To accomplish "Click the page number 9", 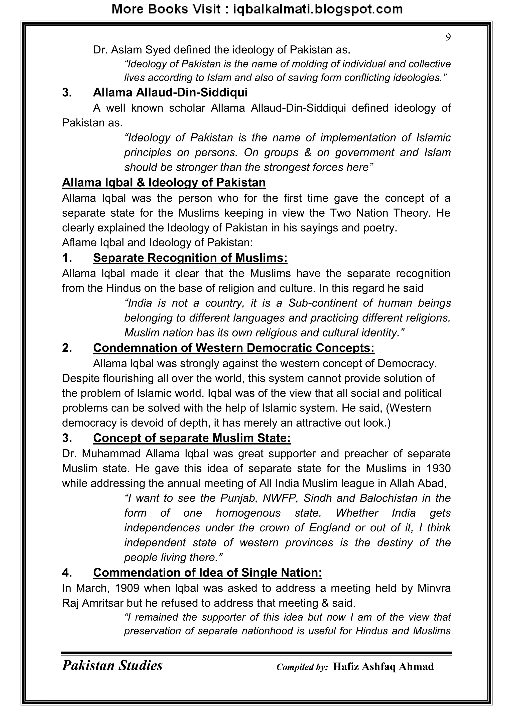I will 448,37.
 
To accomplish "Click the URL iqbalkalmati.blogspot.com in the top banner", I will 317,9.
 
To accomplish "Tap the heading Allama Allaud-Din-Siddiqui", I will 170,92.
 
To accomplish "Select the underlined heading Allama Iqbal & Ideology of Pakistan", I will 164,183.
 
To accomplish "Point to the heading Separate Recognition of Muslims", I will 190,258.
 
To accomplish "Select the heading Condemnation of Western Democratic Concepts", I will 233,348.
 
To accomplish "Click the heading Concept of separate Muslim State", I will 192,438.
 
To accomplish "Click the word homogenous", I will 248,513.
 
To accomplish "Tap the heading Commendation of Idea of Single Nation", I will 208,573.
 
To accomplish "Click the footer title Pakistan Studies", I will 112,665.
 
